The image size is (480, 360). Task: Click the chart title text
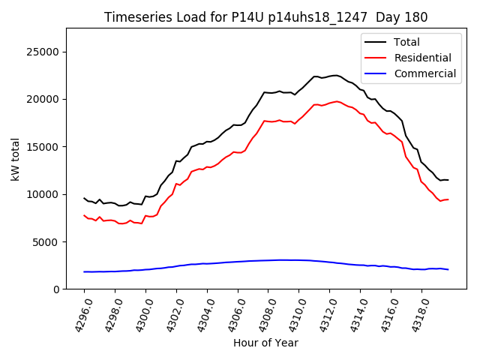(265, 17)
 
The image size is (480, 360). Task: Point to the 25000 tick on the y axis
(44, 52)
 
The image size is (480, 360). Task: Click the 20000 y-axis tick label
(44, 99)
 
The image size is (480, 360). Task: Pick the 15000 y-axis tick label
(44, 147)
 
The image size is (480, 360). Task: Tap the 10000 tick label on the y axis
(44, 194)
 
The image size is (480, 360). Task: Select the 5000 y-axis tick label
(47, 241)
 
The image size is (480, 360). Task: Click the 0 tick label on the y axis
(56, 289)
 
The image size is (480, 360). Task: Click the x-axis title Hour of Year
(265, 343)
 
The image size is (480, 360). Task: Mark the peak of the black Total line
(334, 75)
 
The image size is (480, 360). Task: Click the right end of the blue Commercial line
(448, 269)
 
